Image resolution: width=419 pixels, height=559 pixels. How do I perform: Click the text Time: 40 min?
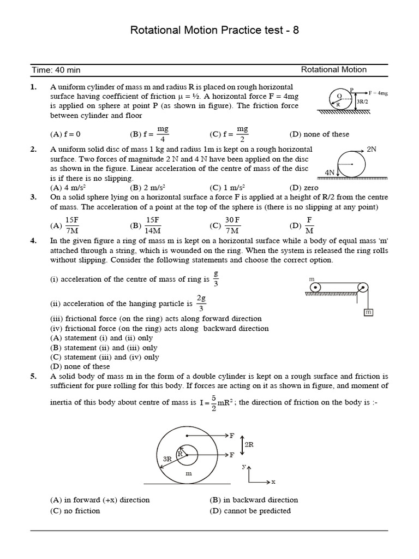point(56,70)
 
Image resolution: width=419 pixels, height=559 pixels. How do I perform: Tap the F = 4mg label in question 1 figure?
point(377,93)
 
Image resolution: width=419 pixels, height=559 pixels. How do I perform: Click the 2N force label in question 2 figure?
point(372,148)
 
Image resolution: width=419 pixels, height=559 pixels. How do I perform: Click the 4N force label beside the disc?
point(330,172)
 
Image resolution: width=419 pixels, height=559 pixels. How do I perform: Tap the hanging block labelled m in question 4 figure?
point(368,312)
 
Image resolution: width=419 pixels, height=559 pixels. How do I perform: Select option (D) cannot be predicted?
point(250,511)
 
